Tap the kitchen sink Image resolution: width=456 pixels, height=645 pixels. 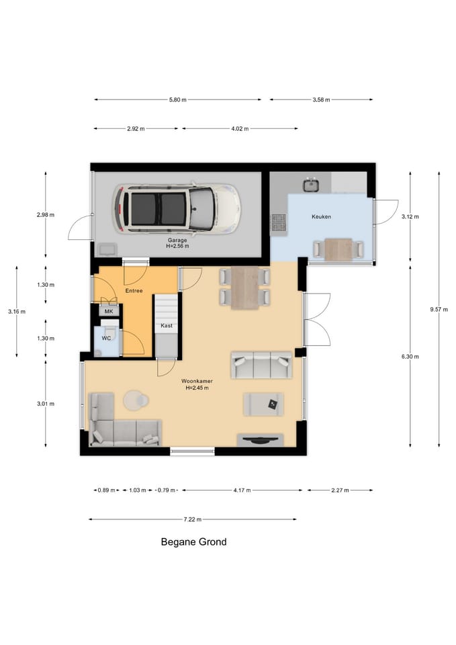[311, 185]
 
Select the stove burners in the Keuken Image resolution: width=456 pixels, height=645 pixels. [279, 223]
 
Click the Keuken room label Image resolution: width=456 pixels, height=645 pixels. [321, 216]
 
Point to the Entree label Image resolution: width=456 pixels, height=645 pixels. [134, 290]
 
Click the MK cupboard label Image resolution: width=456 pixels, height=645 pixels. [109, 311]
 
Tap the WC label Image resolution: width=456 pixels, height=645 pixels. [106, 338]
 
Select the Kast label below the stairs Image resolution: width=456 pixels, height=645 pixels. [167, 325]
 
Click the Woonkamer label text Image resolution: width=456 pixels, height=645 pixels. [197, 381]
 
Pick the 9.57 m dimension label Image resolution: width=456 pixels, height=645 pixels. [439, 309]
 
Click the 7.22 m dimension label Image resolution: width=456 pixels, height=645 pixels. [193, 519]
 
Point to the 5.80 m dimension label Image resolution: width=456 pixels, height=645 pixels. [177, 99]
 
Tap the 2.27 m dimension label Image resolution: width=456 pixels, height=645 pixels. [340, 490]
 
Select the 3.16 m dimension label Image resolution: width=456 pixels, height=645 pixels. [16, 311]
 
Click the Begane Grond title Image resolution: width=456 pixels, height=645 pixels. [193, 542]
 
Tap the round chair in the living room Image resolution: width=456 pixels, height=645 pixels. [136, 400]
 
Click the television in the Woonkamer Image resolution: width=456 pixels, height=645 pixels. [261, 440]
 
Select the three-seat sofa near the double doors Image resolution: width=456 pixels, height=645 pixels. [261, 365]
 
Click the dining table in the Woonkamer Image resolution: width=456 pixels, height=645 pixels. [244, 288]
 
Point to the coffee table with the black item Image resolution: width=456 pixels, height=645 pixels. [263, 404]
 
